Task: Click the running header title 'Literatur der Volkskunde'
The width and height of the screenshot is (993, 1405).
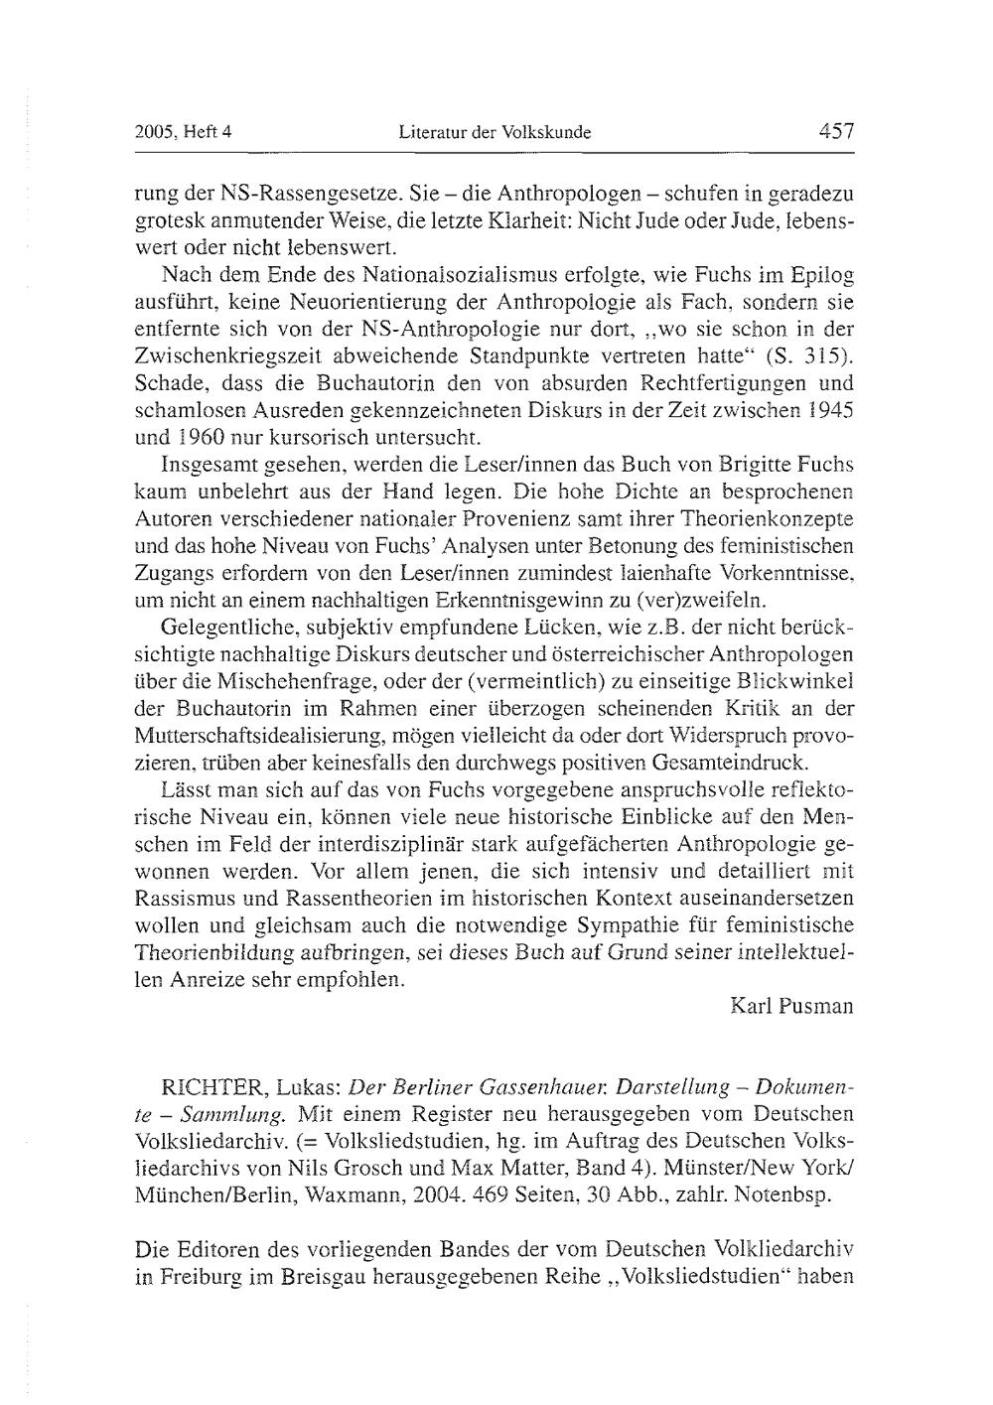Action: [495, 131]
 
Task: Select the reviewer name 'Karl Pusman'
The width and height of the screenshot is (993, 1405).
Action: [791, 1006]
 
